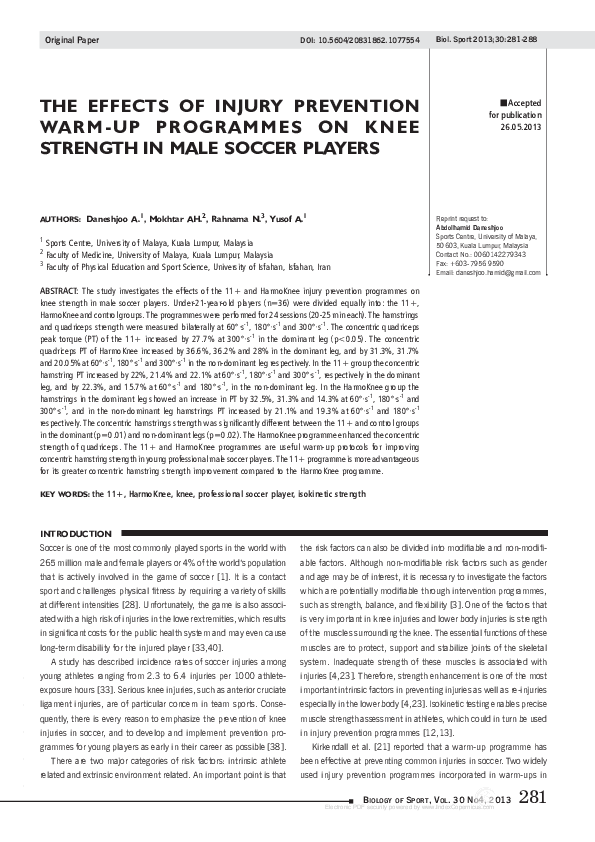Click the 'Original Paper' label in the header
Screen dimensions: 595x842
pyautogui.click(x=67, y=41)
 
